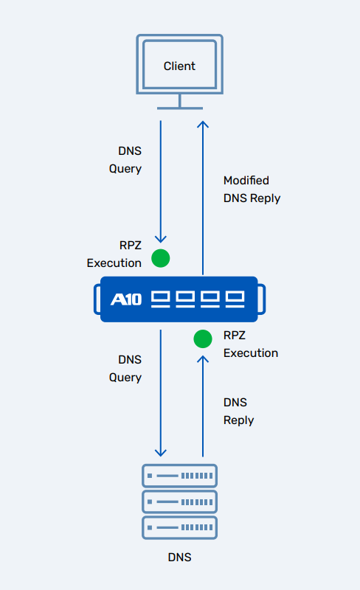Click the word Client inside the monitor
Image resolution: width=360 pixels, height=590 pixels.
179,66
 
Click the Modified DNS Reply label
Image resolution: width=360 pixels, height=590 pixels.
252,189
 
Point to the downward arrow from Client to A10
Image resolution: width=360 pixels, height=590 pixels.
161,184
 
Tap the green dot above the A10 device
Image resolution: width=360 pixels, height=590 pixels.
160,258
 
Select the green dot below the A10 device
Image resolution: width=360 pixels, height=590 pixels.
203,339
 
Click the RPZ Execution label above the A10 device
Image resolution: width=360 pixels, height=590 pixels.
114,254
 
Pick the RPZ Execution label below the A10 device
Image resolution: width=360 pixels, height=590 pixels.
251,344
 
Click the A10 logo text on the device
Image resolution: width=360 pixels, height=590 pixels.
125,299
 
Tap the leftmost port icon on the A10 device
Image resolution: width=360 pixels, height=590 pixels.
161,299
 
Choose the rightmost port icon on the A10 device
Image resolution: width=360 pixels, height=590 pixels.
235,299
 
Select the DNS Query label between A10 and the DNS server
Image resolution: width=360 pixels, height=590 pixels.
129,368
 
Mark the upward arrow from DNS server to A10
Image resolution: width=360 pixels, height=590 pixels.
203,406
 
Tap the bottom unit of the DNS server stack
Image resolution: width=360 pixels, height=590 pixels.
180,528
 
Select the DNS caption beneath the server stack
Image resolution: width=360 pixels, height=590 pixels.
179,558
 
